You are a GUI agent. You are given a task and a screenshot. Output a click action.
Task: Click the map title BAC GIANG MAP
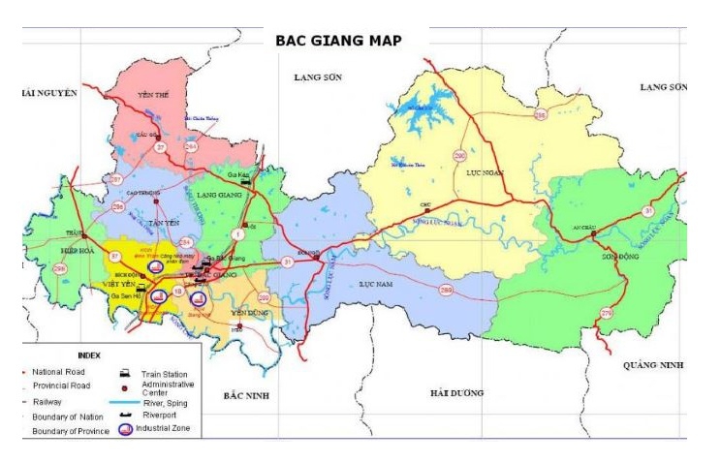click(x=338, y=41)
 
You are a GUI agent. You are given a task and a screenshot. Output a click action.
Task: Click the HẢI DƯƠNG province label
click(x=457, y=392)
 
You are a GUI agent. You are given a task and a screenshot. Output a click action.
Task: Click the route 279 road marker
click(x=607, y=313)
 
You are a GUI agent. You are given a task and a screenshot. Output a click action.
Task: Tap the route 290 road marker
click(x=459, y=155)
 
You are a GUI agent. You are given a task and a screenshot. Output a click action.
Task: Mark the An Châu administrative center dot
click(x=592, y=233)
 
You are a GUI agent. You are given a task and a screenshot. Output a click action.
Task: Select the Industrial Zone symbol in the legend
click(x=124, y=428)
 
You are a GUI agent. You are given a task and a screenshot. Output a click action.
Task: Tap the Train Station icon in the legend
click(x=124, y=372)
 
